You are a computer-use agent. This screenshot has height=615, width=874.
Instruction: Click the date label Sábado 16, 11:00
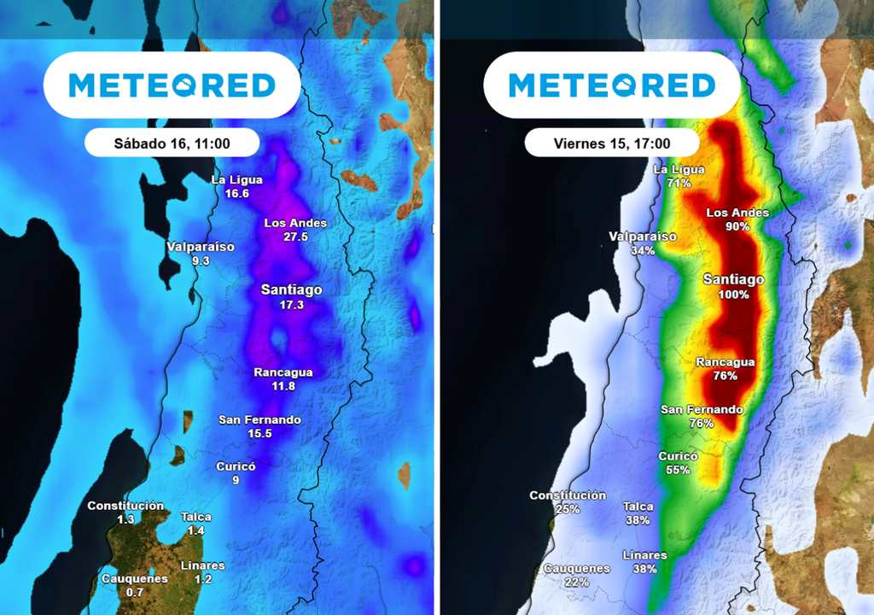tap(172, 143)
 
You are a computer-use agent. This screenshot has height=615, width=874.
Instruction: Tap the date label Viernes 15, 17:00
tap(611, 143)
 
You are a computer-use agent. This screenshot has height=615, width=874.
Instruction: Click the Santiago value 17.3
tap(291, 305)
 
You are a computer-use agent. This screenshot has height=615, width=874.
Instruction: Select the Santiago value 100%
tap(732, 295)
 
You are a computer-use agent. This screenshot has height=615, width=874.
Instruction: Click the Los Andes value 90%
tap(737, 226)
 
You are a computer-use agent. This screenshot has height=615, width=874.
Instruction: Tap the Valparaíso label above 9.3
tap(201, 247)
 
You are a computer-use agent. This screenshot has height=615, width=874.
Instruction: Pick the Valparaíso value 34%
tap(642, 250)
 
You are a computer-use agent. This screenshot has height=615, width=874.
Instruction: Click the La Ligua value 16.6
tap(236, 194)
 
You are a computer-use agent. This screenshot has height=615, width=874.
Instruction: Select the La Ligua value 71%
tap(679, 184)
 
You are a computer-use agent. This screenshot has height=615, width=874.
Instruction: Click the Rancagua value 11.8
tap(283, 386)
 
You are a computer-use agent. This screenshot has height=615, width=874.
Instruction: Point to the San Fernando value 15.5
tap(259, 434)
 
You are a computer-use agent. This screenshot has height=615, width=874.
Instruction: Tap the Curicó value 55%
tap(678, 471)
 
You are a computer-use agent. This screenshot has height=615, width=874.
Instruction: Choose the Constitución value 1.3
tap(125, 519)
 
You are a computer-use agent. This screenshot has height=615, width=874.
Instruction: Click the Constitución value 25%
tap(567, 509)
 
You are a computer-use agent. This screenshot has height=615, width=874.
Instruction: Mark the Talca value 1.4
tap(195, 530)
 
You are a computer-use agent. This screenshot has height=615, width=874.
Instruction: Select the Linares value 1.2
tap(202, 579)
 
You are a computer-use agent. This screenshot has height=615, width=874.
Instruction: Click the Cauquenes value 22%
tap(576, 583)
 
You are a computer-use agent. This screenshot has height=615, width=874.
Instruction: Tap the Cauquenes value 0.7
tap(134, 592)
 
